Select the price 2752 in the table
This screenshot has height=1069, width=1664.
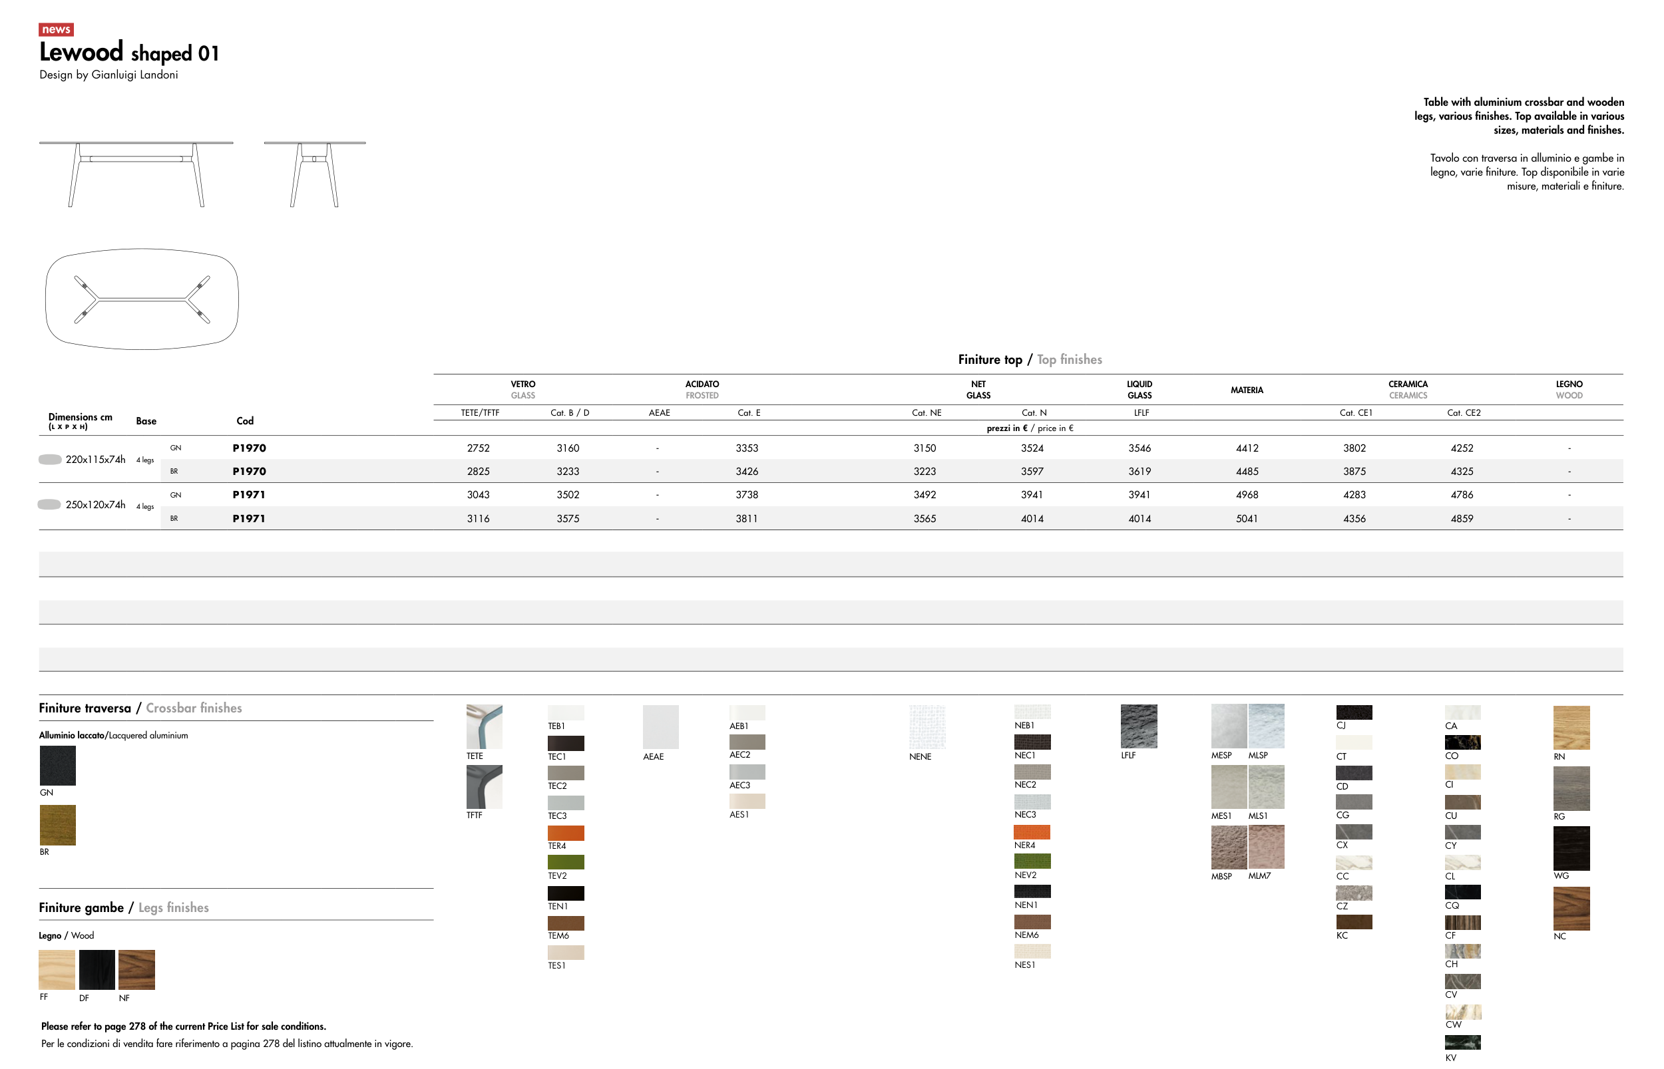pos(479,448)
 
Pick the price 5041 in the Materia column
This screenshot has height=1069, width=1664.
pos(1247,518)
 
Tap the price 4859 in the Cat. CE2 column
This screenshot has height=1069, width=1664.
pos(1462,518)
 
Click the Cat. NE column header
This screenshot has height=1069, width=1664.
pos(927,413)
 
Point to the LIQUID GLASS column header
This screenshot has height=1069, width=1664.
pos(1140,390)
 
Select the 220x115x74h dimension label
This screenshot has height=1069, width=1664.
pos(96,460)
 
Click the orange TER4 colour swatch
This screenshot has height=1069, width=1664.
pos(566,833)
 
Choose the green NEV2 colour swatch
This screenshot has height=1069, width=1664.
pos(1033,861)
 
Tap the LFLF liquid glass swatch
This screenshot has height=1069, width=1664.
pos(1139,726)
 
